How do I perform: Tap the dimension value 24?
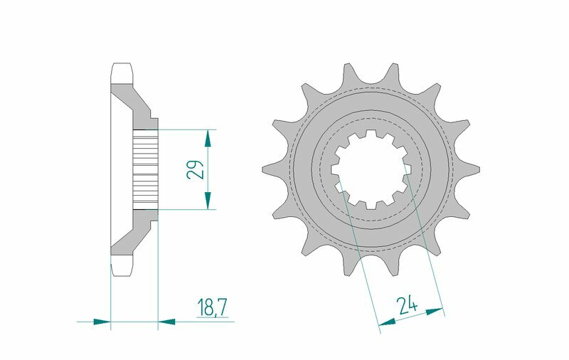(x=408, y=306)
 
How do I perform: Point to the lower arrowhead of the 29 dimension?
(x=208, y=202)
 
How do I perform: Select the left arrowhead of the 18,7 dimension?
(x=103, y=322)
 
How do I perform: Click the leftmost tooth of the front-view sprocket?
(x=269, y=169)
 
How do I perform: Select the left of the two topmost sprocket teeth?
(x=349, y=73)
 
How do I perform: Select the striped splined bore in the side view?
(x=146, y=169)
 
